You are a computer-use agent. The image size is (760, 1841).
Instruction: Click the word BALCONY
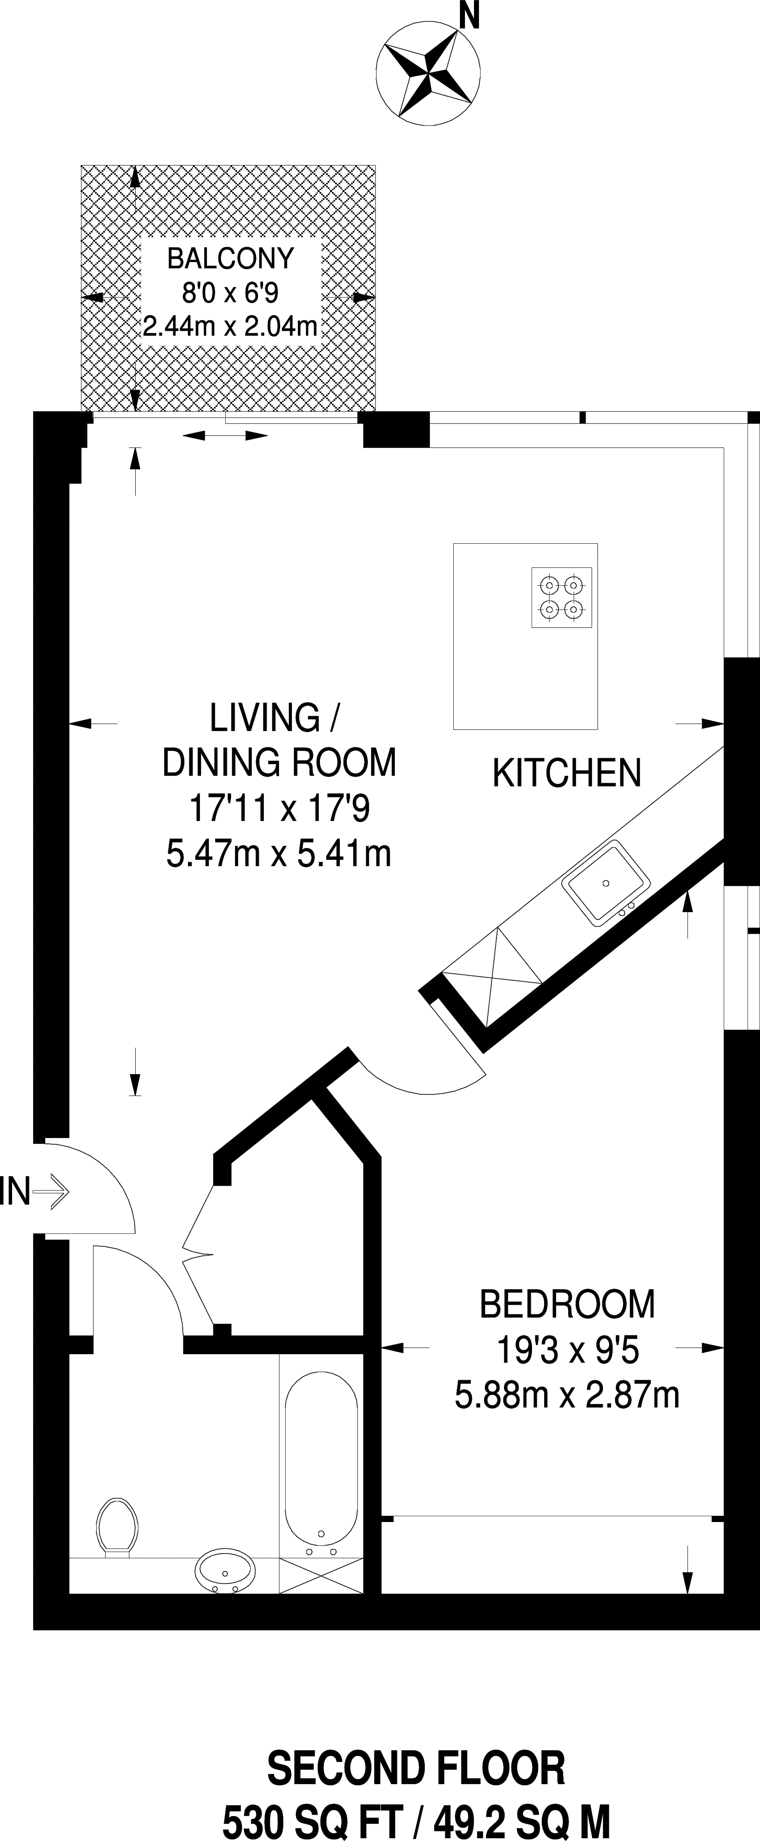(230, 258)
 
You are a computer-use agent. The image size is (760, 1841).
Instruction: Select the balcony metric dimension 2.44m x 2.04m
(230, 327)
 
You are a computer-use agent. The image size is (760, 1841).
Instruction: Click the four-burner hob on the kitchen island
(561, 598)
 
